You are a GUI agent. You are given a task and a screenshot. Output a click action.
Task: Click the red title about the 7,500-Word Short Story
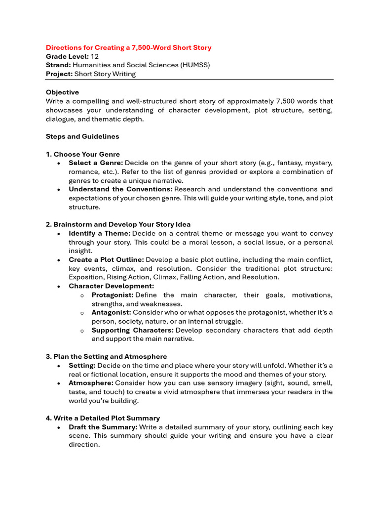coord(128,47)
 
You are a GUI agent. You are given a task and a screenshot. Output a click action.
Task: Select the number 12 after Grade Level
coord(95,56)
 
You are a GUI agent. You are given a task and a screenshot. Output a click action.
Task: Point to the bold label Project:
coord(59,74)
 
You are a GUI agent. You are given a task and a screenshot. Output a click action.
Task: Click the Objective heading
coord(62,92)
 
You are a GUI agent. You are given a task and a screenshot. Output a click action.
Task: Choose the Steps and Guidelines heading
coord(82,136)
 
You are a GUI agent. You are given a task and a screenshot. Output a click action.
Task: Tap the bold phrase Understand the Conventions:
coord(120,189)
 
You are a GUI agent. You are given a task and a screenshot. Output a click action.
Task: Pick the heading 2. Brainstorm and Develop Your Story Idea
coord(118,224)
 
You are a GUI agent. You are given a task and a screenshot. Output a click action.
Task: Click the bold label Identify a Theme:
coord(100,233)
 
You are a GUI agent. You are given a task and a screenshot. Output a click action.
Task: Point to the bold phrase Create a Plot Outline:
coord(106,259)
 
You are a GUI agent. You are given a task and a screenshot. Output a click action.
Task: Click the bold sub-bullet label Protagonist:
coord(113,295)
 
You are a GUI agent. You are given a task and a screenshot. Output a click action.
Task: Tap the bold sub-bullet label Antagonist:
coord(111,313)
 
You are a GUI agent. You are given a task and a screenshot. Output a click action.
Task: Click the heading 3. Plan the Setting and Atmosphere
coord(106,356)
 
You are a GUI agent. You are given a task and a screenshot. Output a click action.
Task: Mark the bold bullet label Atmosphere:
coord(91,383)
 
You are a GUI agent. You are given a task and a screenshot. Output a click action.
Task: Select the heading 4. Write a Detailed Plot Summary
coord(103,418)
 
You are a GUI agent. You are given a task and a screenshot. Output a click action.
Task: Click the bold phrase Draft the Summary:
coord(103,427)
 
